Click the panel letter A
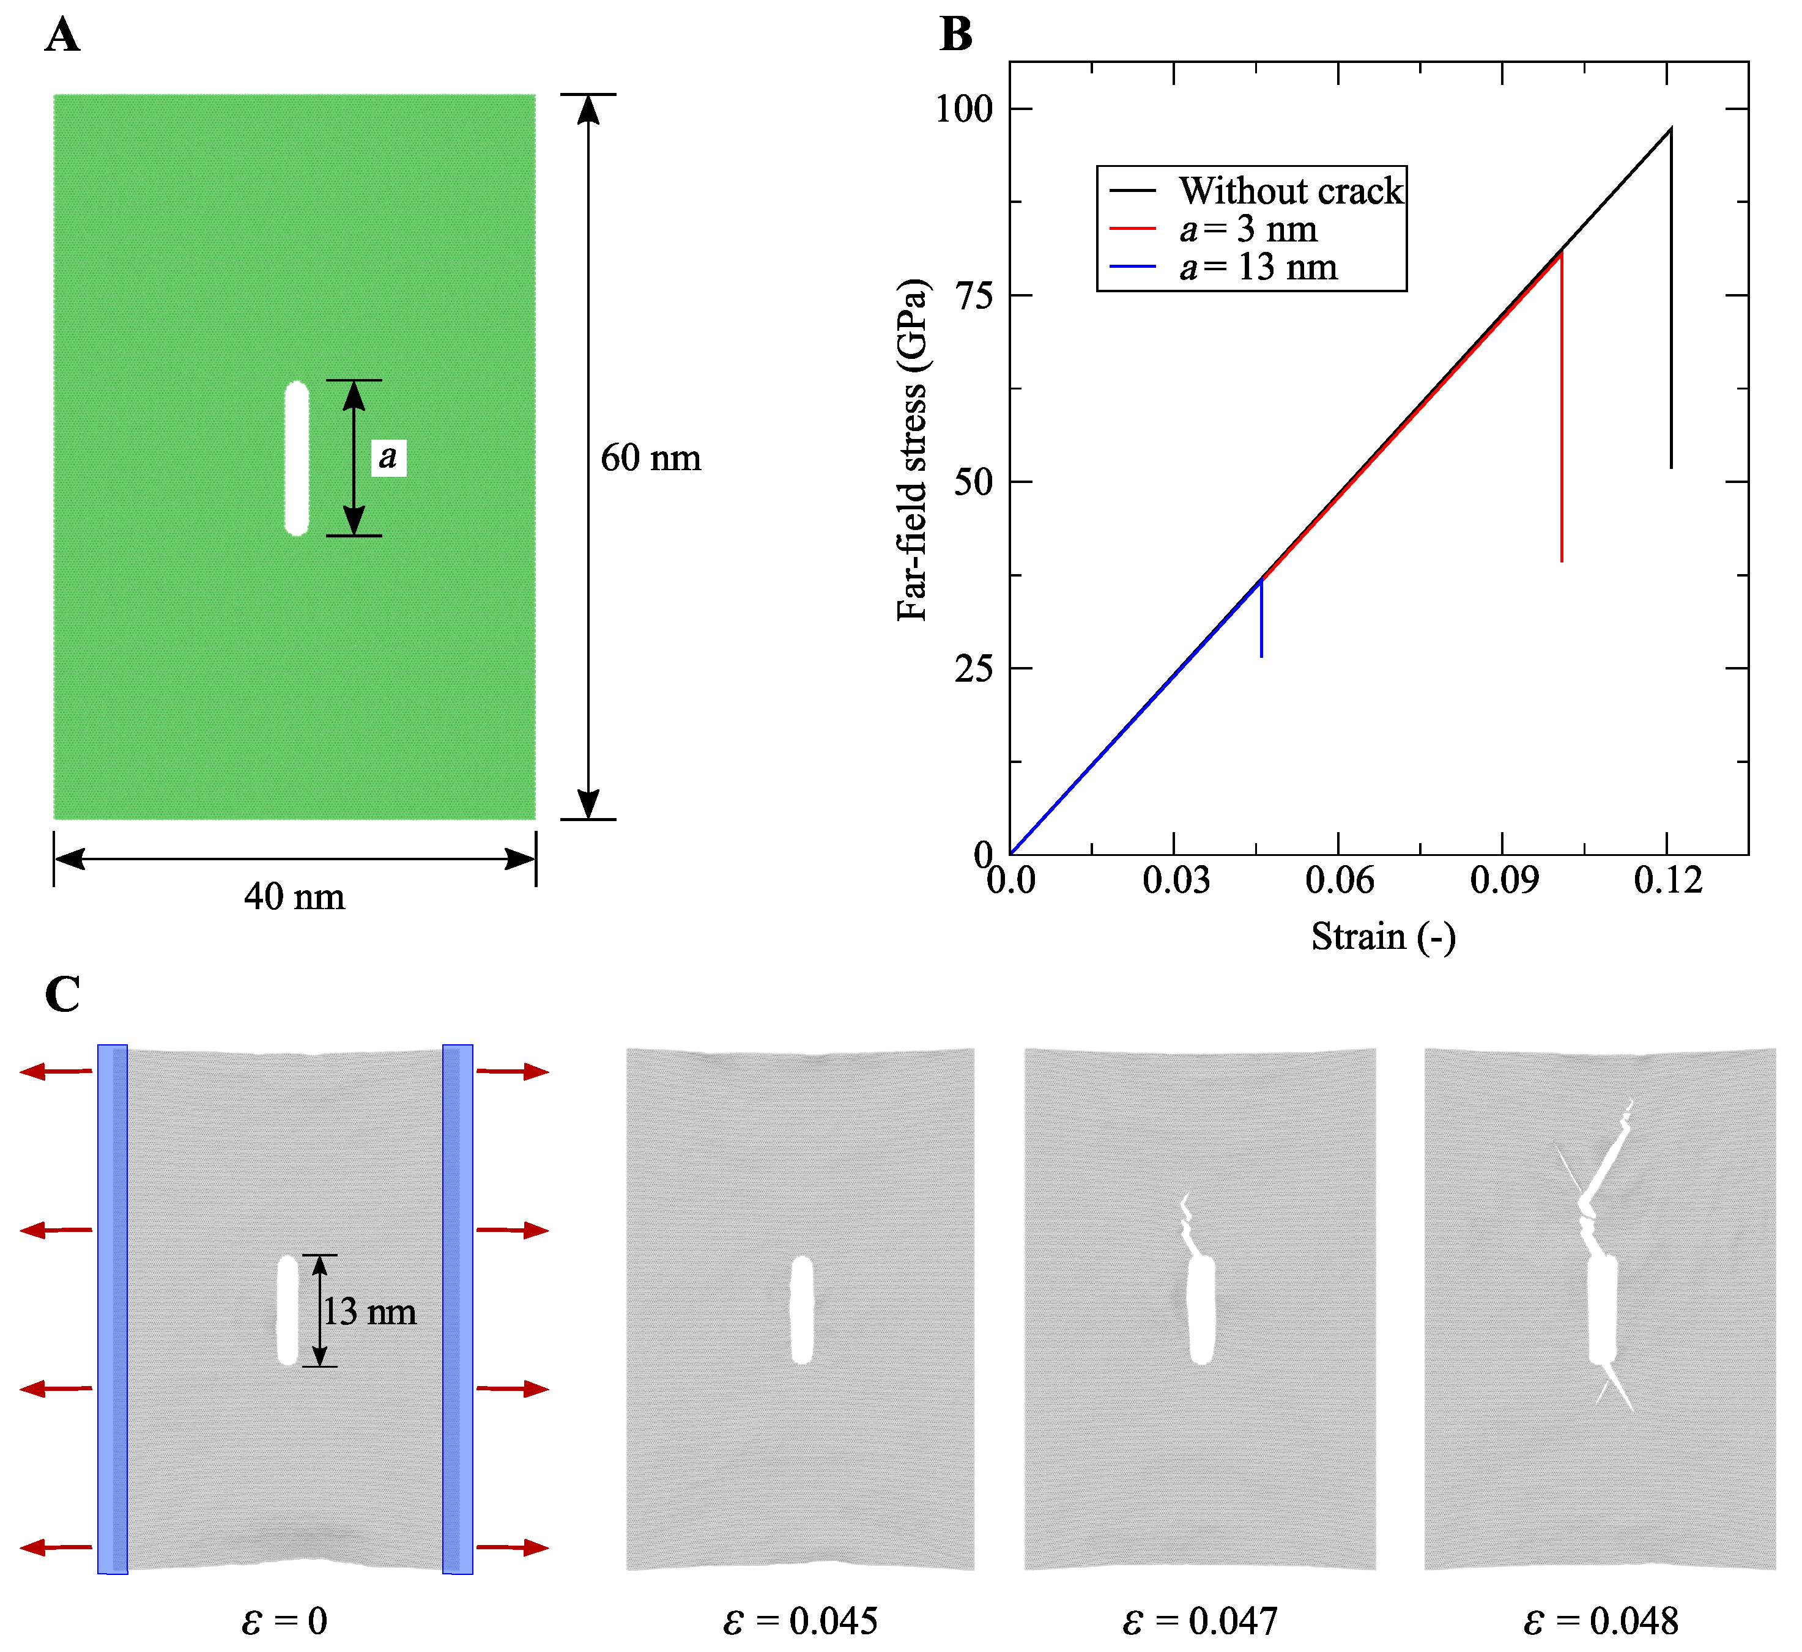(62, 35)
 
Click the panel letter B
(956, 35)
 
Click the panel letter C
(62, 994)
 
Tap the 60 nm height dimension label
(650, 458)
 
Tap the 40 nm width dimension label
(294, 897)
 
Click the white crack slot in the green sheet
(296, 459)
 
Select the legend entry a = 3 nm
(1248, 229)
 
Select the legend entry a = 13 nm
(1258, 267)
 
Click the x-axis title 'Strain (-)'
(1382, 937)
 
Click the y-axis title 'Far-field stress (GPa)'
(912, 449)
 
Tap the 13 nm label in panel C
(369, 1311)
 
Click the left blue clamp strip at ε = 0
(113, 1310)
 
